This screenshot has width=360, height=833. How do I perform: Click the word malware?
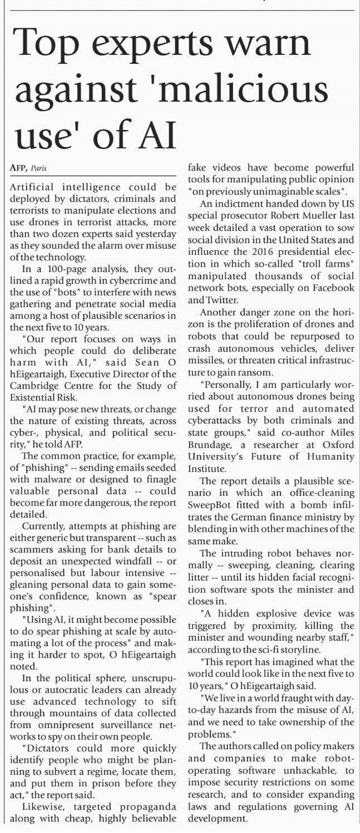click(48, 479)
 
